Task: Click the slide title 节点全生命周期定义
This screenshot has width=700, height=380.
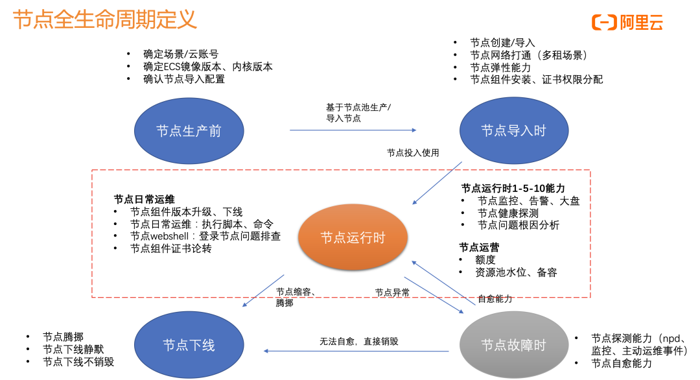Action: click(105, 20)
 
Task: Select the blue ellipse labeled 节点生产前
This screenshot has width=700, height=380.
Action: click(189, 131)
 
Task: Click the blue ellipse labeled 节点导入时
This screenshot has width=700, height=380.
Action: click(513, 131)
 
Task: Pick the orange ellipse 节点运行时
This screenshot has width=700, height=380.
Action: click(353, 237)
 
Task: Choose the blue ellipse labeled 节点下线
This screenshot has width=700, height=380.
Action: click(189, 344)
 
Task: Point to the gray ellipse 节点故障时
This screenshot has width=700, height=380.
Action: click(513, 344)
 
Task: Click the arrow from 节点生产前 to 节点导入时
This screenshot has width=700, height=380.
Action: click(353, 130)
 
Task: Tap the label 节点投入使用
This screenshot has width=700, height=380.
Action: click(413, 153)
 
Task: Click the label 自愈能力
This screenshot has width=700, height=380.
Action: click(495, 299)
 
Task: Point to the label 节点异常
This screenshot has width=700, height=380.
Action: click(392, 292)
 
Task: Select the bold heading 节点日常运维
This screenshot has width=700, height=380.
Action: click(145, 199)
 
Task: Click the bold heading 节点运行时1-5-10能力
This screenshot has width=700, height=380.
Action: click(513, 187)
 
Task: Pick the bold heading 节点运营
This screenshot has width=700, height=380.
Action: click(480, 247)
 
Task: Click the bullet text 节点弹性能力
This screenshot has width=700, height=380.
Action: click(500, 67)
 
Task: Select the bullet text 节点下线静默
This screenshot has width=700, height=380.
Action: click(73, 350)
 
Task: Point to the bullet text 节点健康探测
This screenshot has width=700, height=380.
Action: click(508, 213)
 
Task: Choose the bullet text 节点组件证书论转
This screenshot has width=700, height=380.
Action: click(171, 248)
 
